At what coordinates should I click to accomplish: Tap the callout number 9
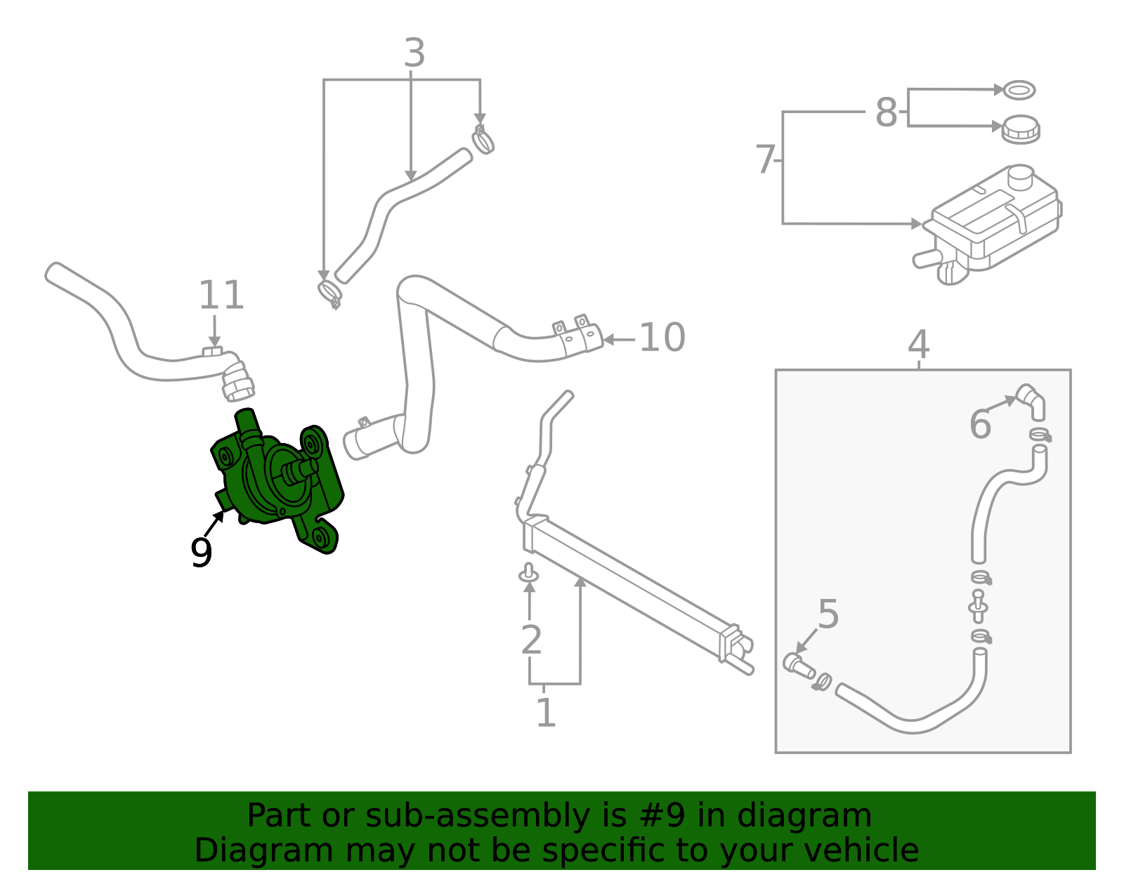pos(201,553)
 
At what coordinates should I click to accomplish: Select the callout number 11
pos(221,296)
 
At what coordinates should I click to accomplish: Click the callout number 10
pos(662,338)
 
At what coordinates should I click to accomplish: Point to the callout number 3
pos(414,53)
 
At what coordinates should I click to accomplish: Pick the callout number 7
pos(765,160)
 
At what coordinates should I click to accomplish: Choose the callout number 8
pos(886,112)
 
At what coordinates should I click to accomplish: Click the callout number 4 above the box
pos(918,345)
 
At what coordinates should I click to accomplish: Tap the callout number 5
pos(828,614)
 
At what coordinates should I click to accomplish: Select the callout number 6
pos(980,424)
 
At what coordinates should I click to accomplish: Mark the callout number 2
pos(531,640)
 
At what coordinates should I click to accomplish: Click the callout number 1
pos(546,713)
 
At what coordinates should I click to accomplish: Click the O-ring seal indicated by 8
pos(1019,90)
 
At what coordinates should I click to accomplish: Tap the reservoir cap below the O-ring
pos(1020,130)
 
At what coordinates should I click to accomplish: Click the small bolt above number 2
pos(529,573)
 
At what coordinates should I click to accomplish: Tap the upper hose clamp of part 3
pos(483,140)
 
